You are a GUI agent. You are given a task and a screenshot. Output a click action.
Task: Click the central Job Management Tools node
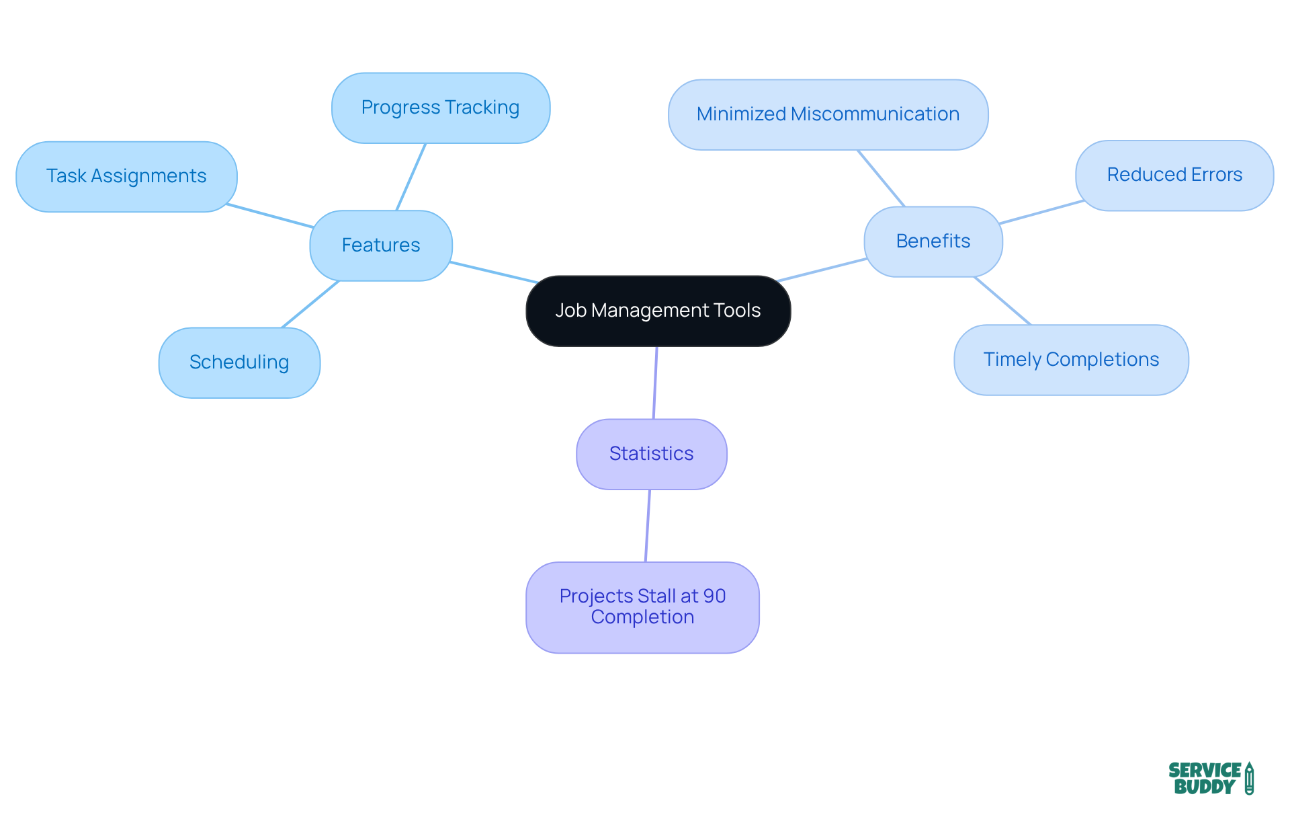point(658,311)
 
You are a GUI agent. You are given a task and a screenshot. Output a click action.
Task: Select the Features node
point(381,245)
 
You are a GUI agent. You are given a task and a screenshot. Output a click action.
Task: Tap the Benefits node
point(933,241)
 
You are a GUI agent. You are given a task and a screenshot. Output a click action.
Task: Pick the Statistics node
point(651,454)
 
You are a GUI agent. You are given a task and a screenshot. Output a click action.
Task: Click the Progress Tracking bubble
point(440,108)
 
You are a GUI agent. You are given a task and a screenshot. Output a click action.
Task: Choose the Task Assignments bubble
point(126,176)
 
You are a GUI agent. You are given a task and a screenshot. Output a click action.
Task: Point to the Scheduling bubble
point(239,362)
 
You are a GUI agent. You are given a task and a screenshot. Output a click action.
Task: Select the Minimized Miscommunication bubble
point(828,114)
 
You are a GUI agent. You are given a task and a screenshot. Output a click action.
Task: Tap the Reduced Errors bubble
point(1174,175)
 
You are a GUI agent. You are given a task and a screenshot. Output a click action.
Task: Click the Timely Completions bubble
point(1071,360)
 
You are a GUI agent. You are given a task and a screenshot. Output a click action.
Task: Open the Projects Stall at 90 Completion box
point(642,607)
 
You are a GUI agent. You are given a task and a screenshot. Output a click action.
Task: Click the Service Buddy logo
point(1210,779)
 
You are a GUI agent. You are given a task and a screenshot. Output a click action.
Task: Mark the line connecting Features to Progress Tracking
point(411,177)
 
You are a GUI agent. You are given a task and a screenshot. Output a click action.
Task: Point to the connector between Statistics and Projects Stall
point(648,526)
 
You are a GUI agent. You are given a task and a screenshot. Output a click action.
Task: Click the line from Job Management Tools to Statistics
point(655,383)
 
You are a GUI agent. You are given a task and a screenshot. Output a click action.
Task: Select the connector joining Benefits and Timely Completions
point(1002,301)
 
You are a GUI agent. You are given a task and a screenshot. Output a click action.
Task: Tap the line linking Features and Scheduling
point(310,304)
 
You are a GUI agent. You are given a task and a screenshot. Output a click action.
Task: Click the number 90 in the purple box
point(714,596)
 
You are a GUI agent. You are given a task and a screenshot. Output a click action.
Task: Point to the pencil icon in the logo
point(1249,779)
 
